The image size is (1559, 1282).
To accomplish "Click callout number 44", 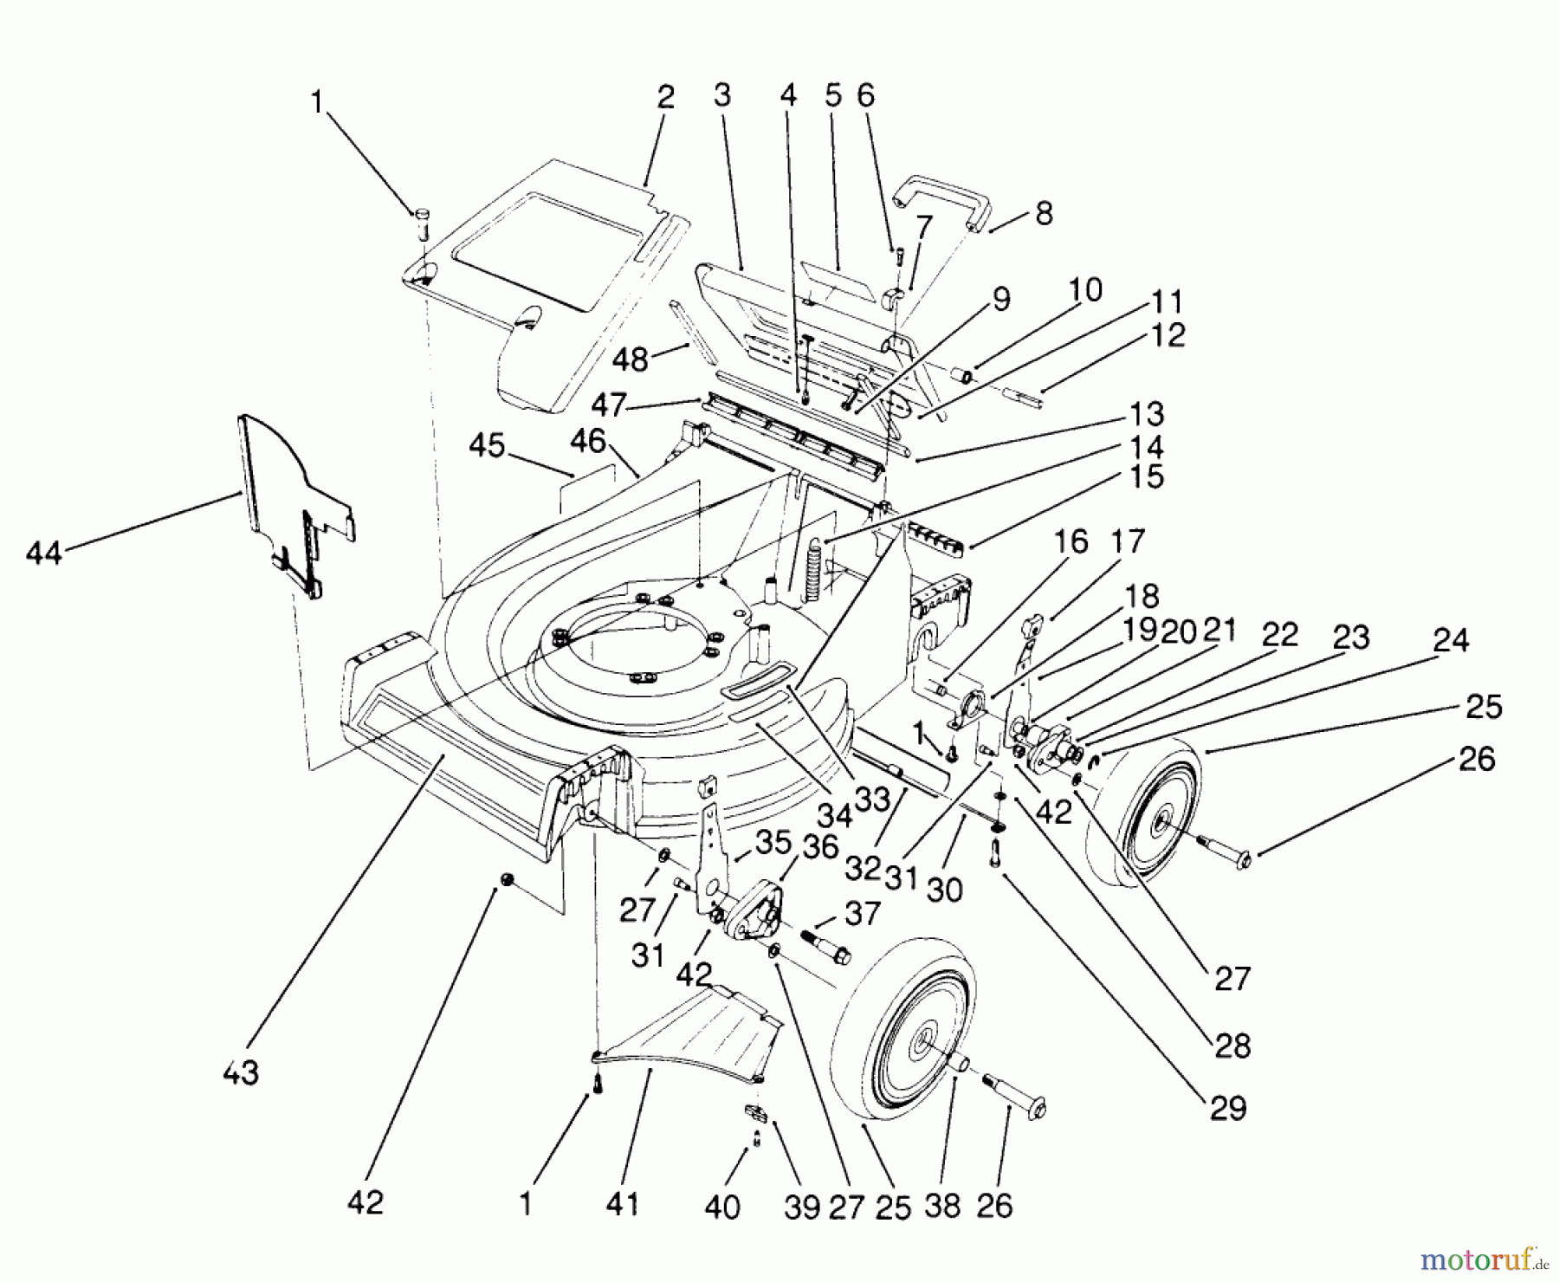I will click(x=43, y=552).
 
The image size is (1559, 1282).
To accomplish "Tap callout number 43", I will click(x=240, y=1072).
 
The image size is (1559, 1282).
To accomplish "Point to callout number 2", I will click(x=664, y=97).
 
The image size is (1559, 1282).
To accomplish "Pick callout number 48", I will click(x=630, y=359).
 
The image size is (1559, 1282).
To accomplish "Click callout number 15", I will click(x=1147, y=477).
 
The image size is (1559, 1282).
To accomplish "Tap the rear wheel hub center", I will click(x=1158, y=828).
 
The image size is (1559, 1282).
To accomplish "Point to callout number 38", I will click(x=942, y=1205).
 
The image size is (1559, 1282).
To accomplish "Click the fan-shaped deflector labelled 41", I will click(x=693, y=1035).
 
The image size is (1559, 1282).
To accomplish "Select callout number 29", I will click(x=1228, y=1108).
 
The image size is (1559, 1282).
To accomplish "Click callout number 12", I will click(x=1168, y=334).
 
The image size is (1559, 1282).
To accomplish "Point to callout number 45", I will click(x=487, y=445).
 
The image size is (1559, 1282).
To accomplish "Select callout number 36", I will click(x=820, y=846).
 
